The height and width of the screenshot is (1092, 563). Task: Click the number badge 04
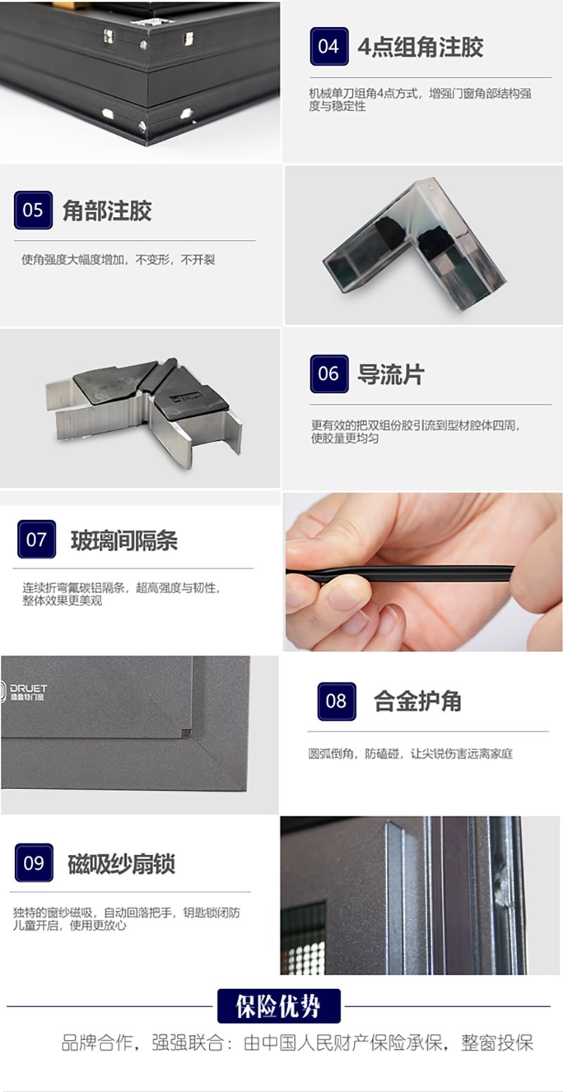coord(329,46)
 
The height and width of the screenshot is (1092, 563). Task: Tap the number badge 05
coord(33,210)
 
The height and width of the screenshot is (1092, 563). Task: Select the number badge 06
coord(329,374)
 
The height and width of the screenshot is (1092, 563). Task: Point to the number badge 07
coord(37,539)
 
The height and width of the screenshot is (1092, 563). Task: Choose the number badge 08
coord(336,702)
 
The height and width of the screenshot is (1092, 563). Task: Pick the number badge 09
coord(34,863)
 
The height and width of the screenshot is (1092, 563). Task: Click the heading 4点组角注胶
coord(421,47)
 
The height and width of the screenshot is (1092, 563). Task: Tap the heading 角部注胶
coord(107,211)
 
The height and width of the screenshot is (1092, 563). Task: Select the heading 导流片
coord(391,374)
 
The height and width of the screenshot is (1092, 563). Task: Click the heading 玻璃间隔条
coord(124,540)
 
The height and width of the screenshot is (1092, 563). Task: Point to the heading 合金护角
coord(417,702)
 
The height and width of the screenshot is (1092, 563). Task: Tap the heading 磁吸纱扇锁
coord(121,864)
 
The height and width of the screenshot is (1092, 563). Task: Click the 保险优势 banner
coord(279,1006)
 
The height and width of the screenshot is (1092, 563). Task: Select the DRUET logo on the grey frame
coord(24,692)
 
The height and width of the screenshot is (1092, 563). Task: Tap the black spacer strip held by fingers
coord(400,573)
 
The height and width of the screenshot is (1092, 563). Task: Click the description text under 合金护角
coord(410,754)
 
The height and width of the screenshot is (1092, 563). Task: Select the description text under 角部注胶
coord(118,259)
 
